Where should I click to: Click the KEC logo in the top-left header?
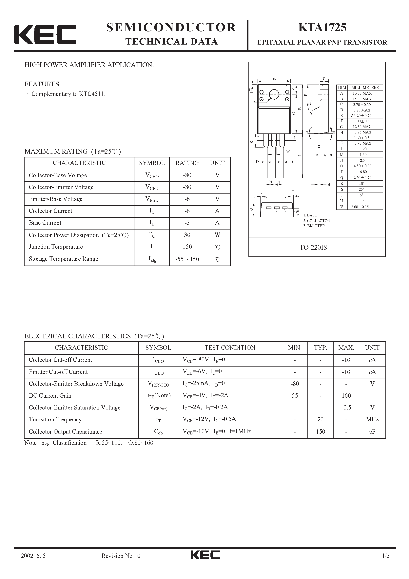[45, 35]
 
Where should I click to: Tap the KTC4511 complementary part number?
[92, 94]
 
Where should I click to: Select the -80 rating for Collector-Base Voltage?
[187, 175]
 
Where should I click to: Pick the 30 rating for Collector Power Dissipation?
[187, 235]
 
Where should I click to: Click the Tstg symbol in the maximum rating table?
[152, 259]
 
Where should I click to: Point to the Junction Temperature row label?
[56, 247]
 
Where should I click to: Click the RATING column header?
[187, 163]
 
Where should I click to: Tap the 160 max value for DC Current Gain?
[346, 396]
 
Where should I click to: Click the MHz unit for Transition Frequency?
[372, 419]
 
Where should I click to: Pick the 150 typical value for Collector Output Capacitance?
[321, 431]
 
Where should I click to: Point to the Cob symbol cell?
[158, 431]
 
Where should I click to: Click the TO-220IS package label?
[313, 247]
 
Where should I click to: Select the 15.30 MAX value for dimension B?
[362, 99]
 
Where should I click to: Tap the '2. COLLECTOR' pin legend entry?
[317, 221]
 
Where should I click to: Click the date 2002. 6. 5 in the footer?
[33, 563]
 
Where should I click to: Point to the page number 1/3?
[386, 563]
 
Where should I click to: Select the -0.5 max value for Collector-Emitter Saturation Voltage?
[346, 408]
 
